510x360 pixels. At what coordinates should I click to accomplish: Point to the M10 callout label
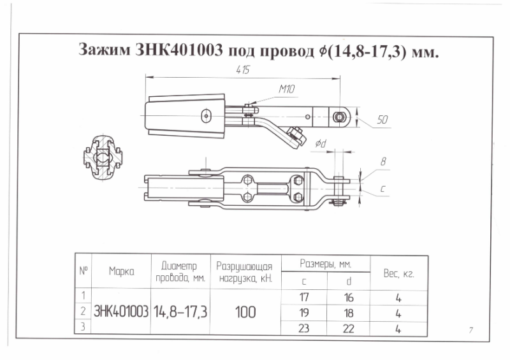coord(286,90)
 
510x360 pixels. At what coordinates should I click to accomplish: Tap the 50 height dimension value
coord(383,119)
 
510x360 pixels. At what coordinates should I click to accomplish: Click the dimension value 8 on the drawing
coord(383,162)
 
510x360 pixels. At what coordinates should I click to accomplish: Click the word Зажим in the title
coord(103,50)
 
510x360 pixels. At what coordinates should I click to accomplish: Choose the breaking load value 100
coord(245,312)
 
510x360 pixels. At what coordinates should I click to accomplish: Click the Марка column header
coord(121,271)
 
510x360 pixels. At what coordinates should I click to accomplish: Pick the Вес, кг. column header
coord(399,273)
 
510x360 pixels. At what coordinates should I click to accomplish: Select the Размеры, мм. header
coord(326,263)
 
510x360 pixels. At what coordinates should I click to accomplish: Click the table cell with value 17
coord(304,296)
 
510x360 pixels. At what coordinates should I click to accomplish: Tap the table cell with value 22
coord(348,328)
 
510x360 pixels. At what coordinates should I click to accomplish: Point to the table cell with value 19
coord(304,312)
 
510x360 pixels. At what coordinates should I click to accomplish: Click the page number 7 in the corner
coord(470,329)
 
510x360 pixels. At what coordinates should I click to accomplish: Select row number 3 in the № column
coord(84,327)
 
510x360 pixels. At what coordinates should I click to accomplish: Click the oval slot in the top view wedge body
coord(205,116)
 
